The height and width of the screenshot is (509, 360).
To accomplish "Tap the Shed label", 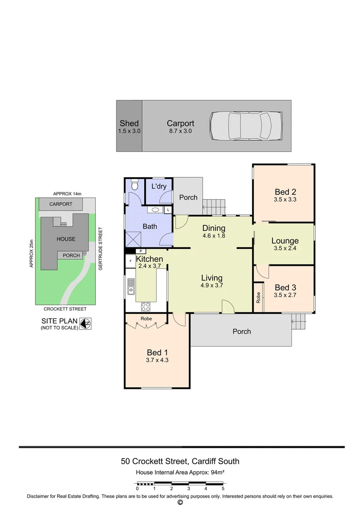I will point(129,123).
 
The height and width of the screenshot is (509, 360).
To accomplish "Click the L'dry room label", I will point(159,186).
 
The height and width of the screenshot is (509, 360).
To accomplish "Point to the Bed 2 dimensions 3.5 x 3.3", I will point(286,199).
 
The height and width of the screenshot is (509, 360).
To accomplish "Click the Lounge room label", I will point(285,241).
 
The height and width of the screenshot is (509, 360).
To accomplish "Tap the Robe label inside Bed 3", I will point(258,297).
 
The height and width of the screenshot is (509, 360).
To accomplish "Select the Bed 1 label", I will point(157,352).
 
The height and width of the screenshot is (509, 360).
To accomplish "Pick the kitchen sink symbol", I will point(131,287).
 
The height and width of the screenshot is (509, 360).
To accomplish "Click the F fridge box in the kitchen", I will point(131,261).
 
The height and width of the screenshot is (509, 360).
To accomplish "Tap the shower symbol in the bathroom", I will point(134,240).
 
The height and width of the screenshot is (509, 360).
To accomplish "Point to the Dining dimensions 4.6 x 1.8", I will point(214,236).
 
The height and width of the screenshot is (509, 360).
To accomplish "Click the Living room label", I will point(212,278).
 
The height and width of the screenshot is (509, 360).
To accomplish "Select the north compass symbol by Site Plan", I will point(85,324).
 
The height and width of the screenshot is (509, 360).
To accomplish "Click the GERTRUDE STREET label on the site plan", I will point(100,248).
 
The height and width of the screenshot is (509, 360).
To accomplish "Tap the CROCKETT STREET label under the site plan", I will point(65,309).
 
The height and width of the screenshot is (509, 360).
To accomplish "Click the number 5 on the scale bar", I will point(223,489).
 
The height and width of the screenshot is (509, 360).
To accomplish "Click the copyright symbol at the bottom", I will point(180,502).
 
